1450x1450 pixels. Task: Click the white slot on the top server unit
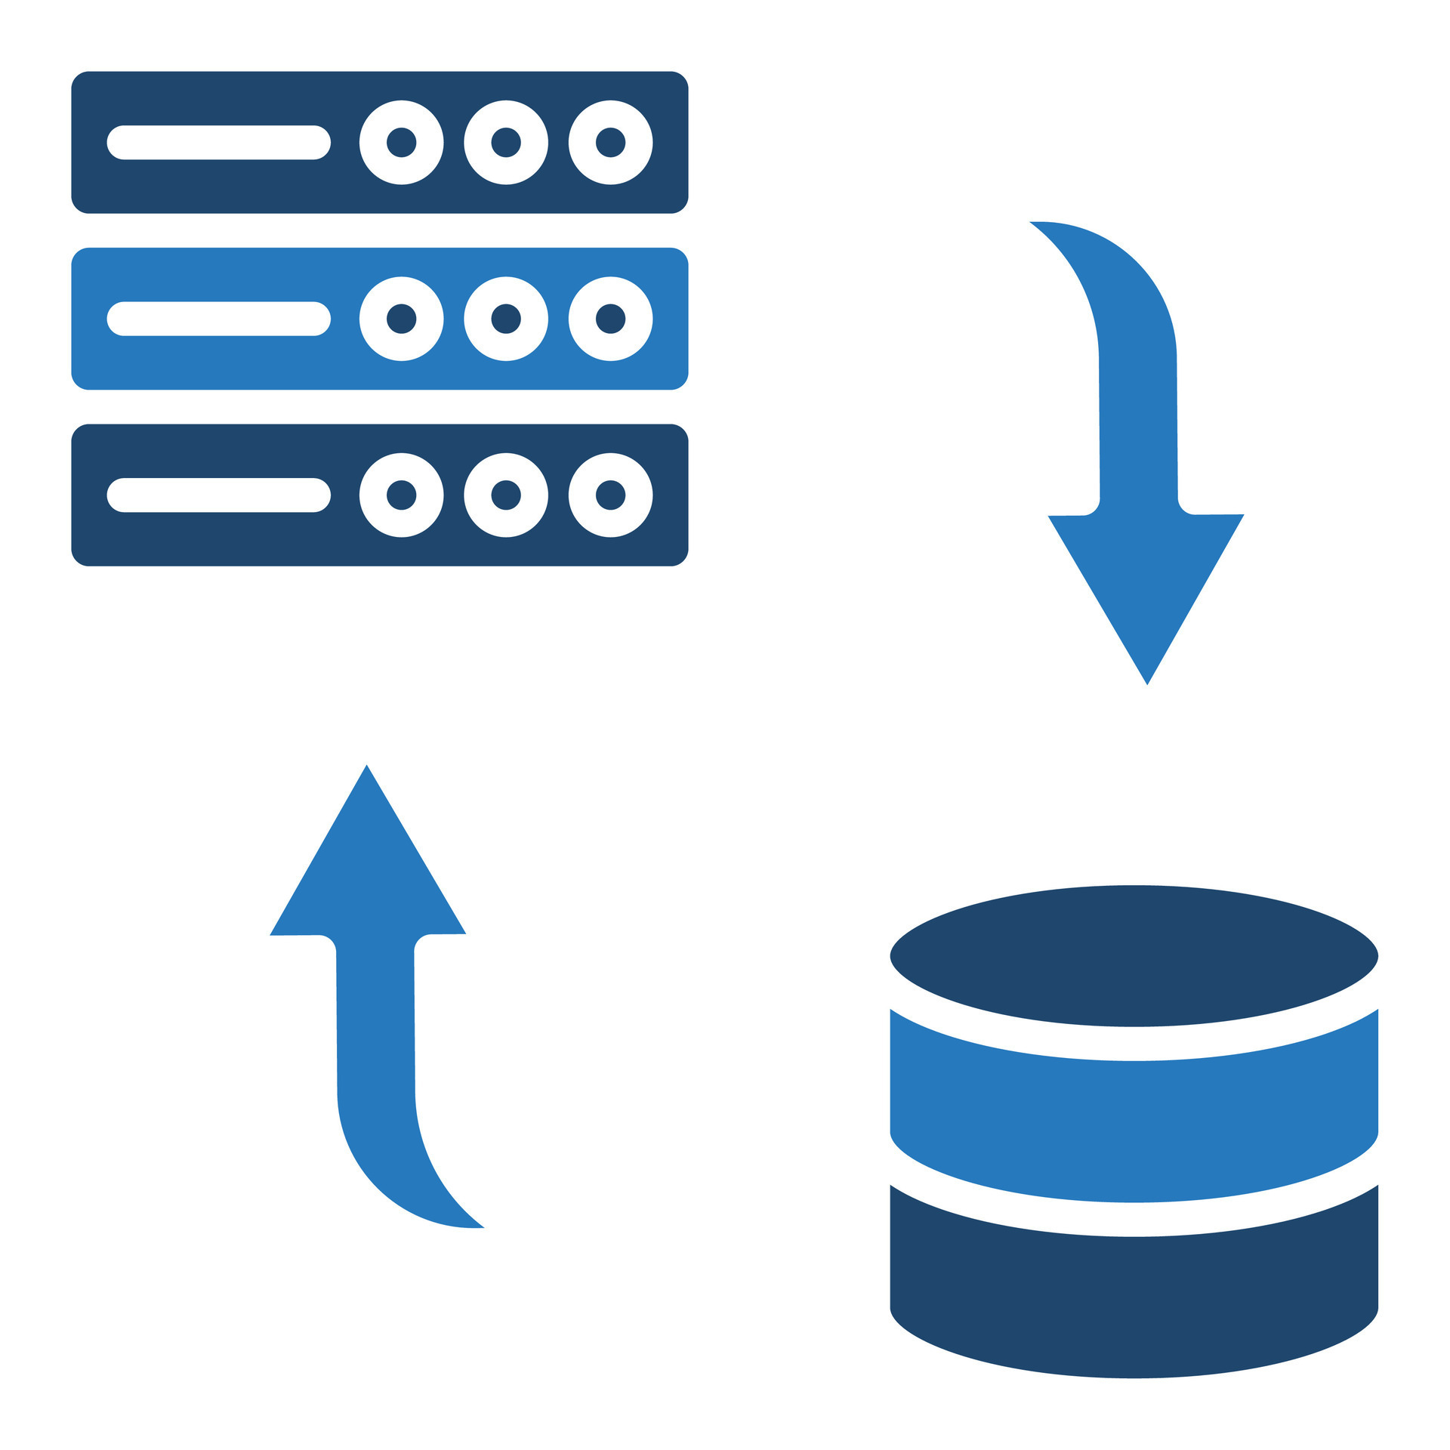tap(218, 142)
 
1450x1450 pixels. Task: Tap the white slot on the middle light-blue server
tap(218, 318)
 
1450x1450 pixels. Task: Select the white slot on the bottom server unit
tap(218, 495)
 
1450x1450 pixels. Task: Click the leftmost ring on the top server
tap(401, 142)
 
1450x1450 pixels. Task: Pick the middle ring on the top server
tap(506, 142)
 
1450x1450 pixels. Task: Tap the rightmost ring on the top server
tap(610, 142)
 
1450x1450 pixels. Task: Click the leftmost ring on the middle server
tap(401, 318)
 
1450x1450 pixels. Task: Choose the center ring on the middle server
tap(506, 318)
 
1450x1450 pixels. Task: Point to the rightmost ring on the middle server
tap(610, 318)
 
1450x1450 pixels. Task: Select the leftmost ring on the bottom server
tap(401, 495)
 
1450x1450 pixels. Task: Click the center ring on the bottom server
tap(506, 495)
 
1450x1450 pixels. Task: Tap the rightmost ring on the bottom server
tap(610, 495)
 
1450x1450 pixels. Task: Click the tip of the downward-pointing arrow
tap(1146, 680)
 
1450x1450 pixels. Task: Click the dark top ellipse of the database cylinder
tap(1134, 955)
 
